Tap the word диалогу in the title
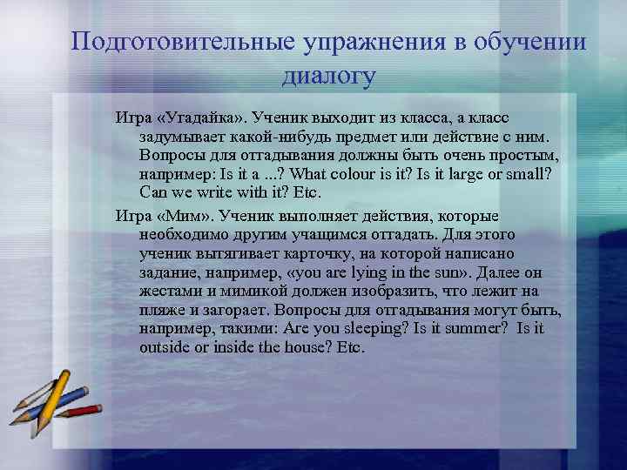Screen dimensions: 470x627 pyautogui.click(x=328, y=76)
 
